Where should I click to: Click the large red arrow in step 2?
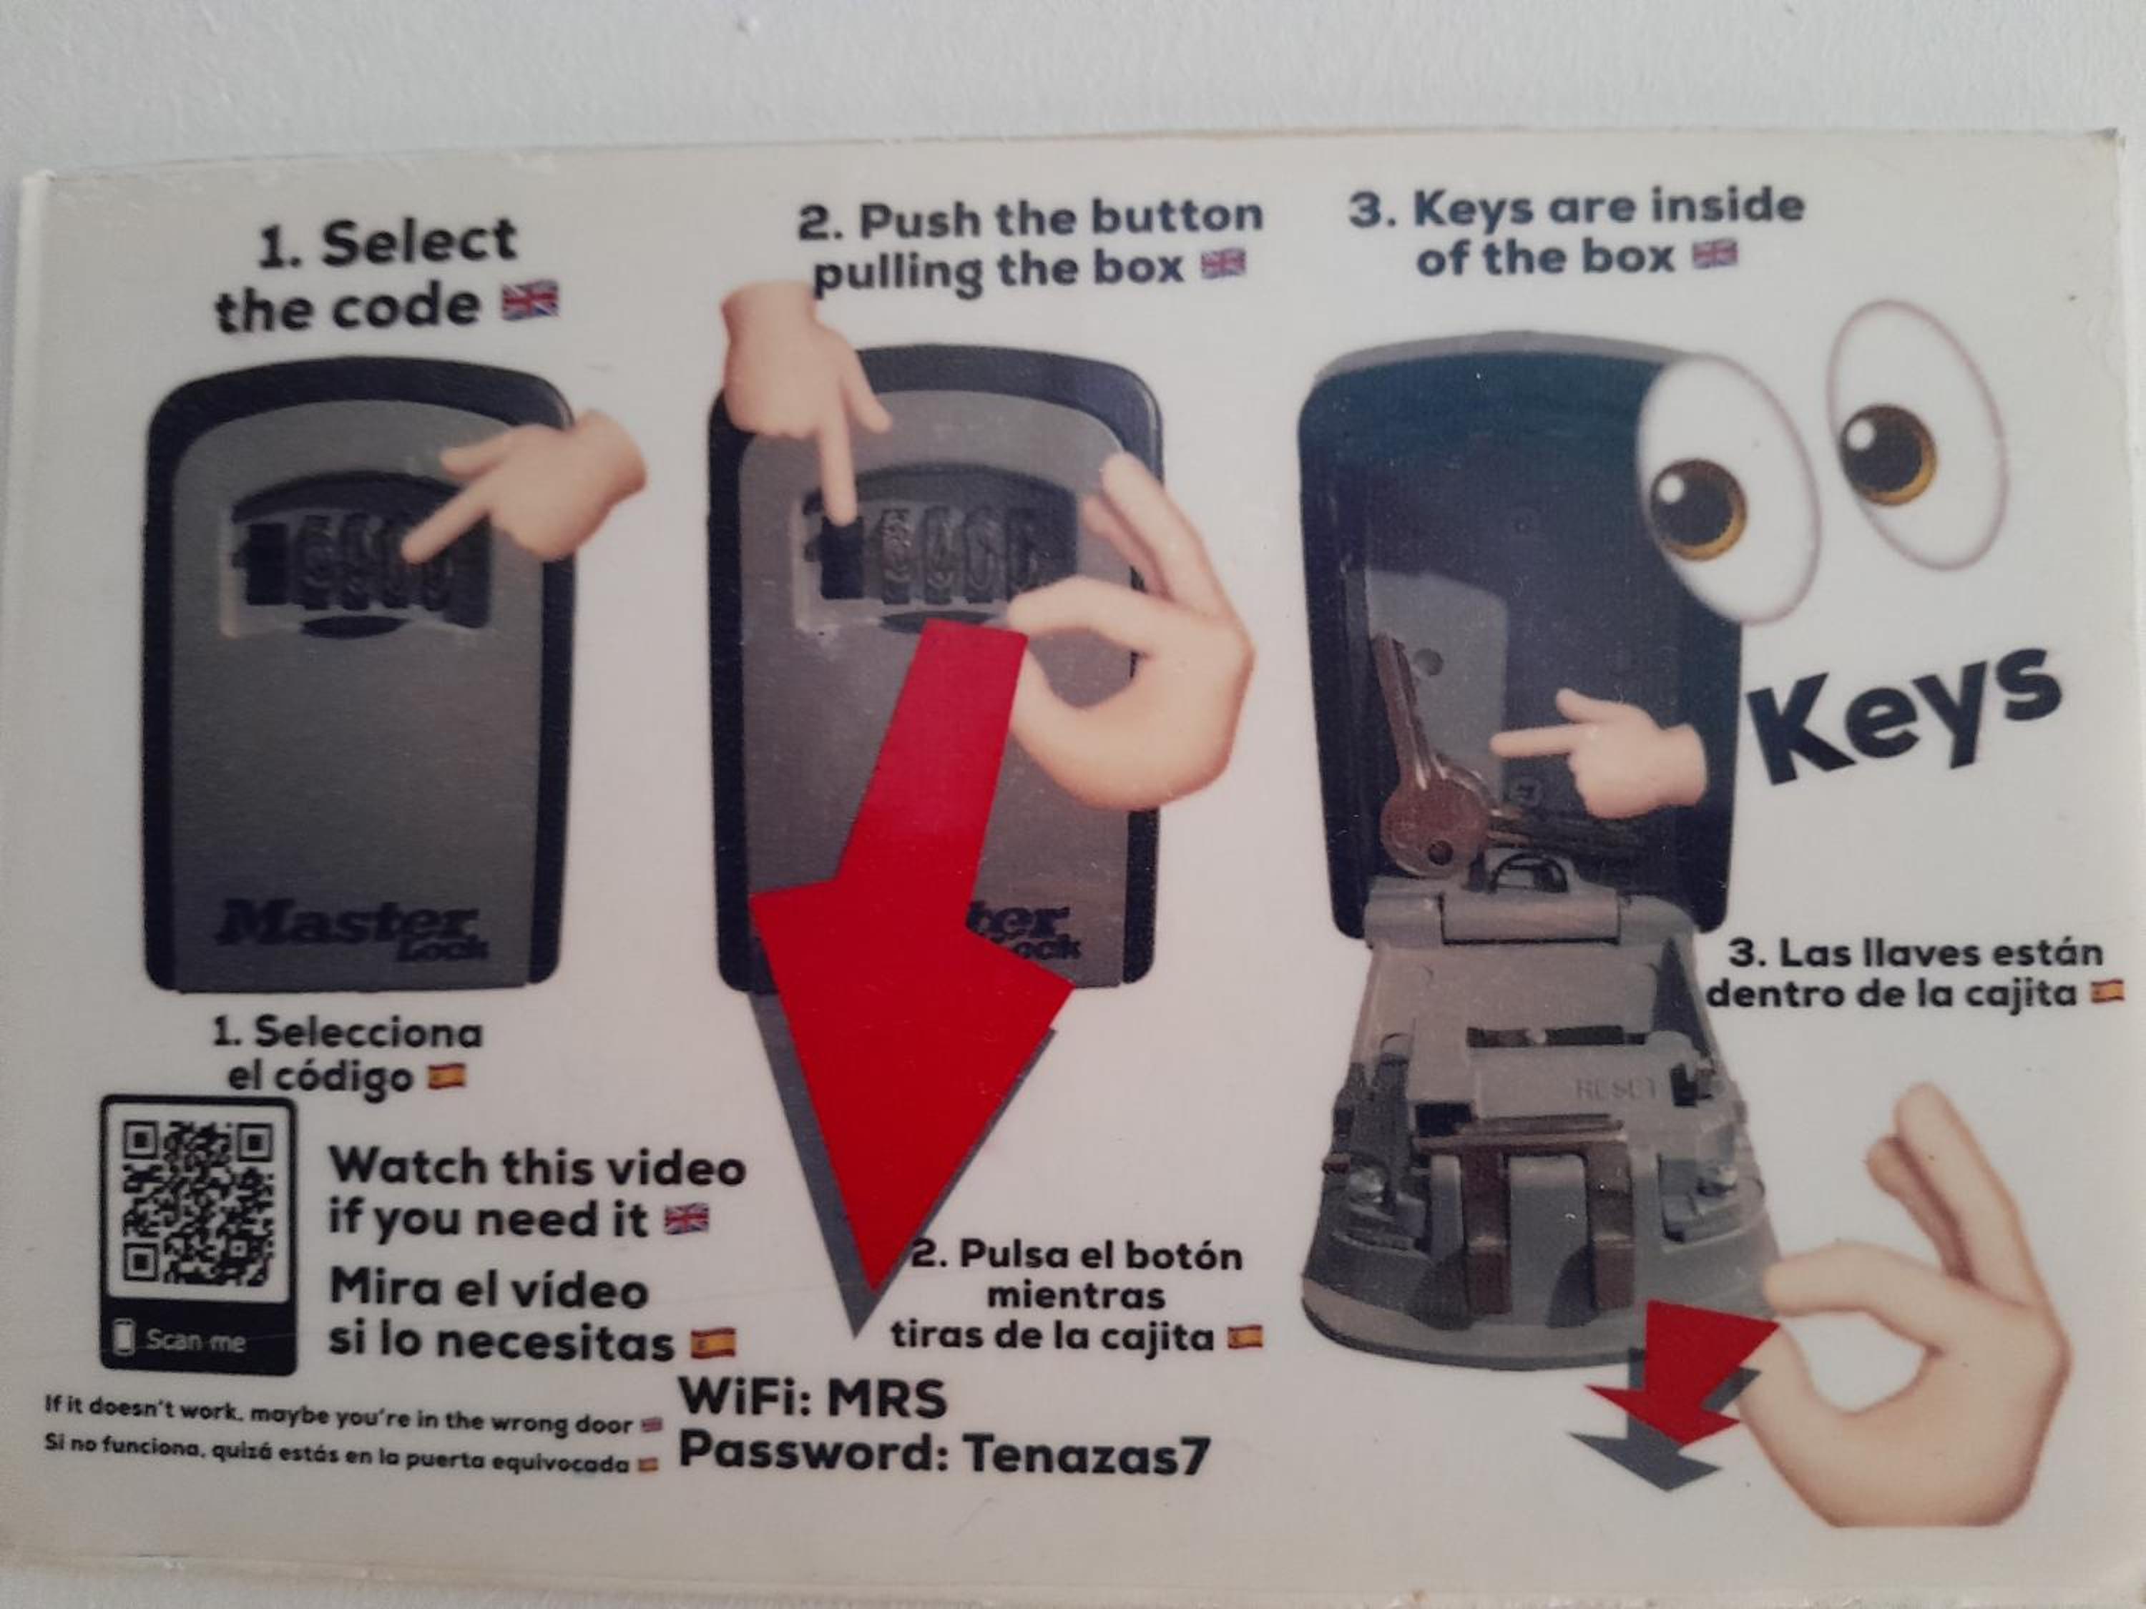(x=912, y=931)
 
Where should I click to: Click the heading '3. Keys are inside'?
(x=1577, y=207)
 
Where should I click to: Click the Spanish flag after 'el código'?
(x=449, y=1076)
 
